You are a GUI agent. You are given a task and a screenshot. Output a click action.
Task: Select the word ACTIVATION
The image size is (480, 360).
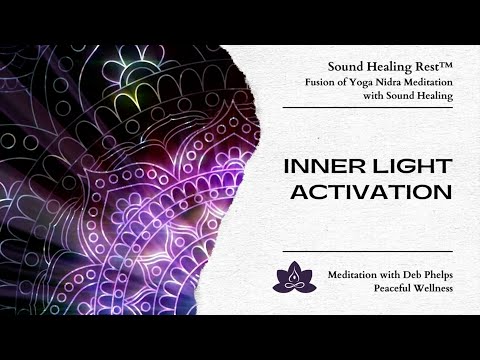click(x=371, y=192)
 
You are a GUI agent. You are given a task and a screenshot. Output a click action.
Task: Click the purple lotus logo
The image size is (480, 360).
click(x=294, y=277)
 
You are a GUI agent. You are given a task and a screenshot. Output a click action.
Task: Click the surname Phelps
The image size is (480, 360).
click(x=438, y=275)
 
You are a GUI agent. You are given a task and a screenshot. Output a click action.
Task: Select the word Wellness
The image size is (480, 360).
click(x=433, y=288)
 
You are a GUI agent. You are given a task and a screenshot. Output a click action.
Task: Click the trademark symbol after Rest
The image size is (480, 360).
click(x=446, y=64)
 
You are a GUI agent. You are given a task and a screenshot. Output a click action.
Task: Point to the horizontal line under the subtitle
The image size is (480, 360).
click(x=368, y=108)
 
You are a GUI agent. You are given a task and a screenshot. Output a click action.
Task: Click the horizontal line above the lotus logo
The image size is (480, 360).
click(x=368, y=251)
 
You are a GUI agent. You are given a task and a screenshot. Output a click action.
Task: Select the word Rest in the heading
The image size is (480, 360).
click(x=427, y=67)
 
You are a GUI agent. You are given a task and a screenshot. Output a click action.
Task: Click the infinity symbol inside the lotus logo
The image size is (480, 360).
click(x=294, y=286)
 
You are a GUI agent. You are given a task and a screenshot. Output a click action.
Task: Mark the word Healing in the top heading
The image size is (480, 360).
click(x=389, y=67)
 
